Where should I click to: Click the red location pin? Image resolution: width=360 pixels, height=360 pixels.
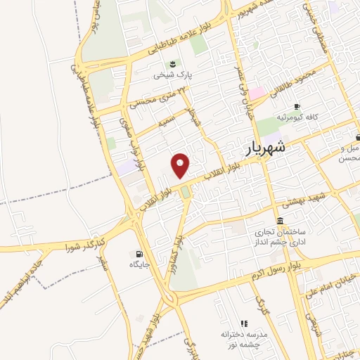pos(181,165)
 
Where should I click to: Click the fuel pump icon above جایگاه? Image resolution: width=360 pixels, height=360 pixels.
pos(138,254)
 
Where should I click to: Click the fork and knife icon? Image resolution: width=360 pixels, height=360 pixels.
pos(244,323)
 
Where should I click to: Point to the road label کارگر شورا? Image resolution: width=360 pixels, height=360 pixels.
pos(85,245)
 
